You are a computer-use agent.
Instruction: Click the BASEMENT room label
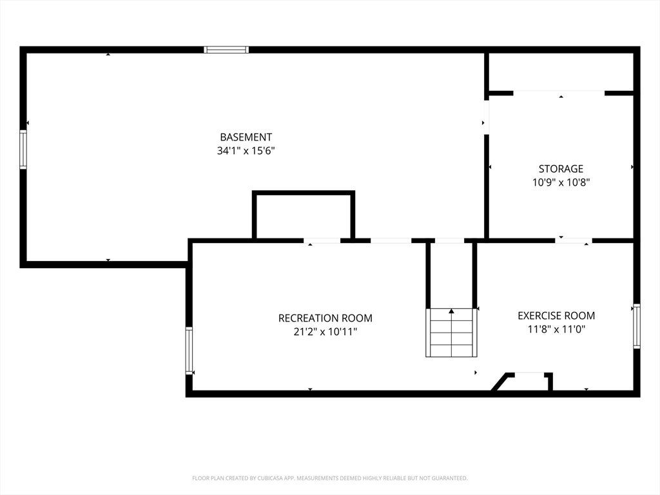246,137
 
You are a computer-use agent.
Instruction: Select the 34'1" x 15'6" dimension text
246,151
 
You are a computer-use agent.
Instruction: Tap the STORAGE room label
561,169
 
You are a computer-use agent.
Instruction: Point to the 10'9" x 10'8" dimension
561,182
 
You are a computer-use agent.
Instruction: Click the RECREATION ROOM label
325,318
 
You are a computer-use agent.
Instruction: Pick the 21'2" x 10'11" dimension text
325,332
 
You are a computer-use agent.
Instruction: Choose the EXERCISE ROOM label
556,316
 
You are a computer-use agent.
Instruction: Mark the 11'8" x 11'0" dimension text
556,329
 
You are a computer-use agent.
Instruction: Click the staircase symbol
451,333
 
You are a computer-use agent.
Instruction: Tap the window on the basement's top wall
226,50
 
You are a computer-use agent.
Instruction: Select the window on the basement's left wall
23,150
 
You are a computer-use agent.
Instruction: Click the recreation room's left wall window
189,351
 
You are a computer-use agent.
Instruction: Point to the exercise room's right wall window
637,326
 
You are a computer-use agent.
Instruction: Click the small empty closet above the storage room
560,72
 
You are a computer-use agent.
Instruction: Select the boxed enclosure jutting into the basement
304,215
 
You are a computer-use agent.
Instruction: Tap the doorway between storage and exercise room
573,240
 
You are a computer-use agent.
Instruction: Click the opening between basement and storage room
486,117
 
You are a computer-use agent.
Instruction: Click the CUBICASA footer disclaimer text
330,478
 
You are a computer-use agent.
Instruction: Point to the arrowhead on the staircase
451,311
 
